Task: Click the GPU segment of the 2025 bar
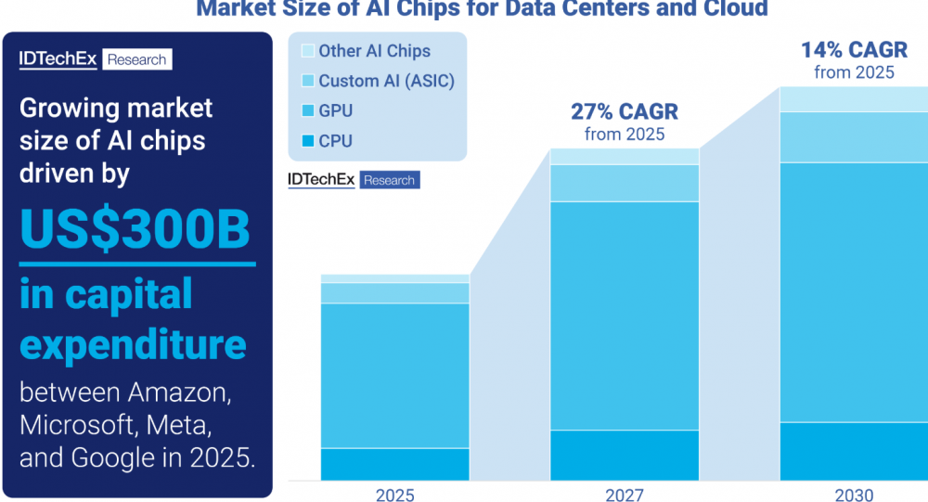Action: point(395,376)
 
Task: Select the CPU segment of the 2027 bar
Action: point(624,455)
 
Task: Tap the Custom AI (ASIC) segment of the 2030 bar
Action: point(853,137)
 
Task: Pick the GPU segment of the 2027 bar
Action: point(624,315)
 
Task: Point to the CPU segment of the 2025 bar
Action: point(395,464)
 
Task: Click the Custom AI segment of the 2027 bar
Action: point(624,183)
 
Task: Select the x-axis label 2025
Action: point(395,495)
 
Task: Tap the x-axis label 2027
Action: point(624,495)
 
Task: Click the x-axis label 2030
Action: point(853,495)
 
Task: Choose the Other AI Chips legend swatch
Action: point(307,51)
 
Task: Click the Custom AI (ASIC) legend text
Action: point(386,81)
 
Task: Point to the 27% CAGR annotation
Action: point(624,112)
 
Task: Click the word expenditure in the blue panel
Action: point(133,345)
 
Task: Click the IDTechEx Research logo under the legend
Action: point(354,180)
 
